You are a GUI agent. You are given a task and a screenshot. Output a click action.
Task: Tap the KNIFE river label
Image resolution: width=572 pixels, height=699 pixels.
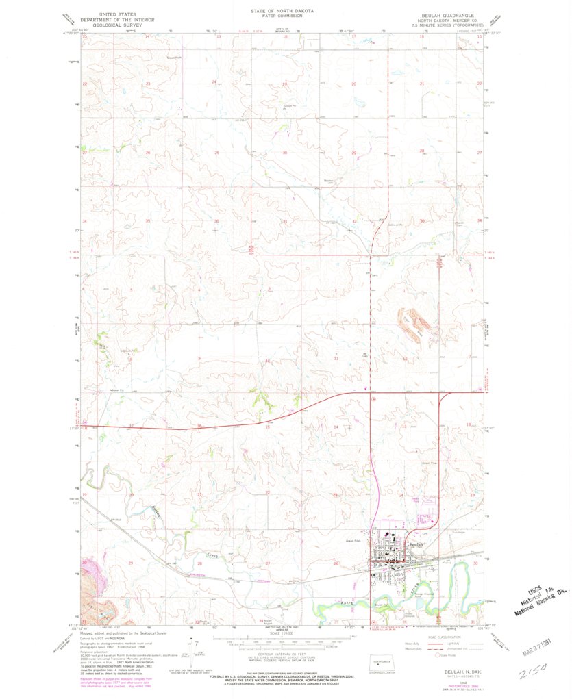click(x=348, y=603)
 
